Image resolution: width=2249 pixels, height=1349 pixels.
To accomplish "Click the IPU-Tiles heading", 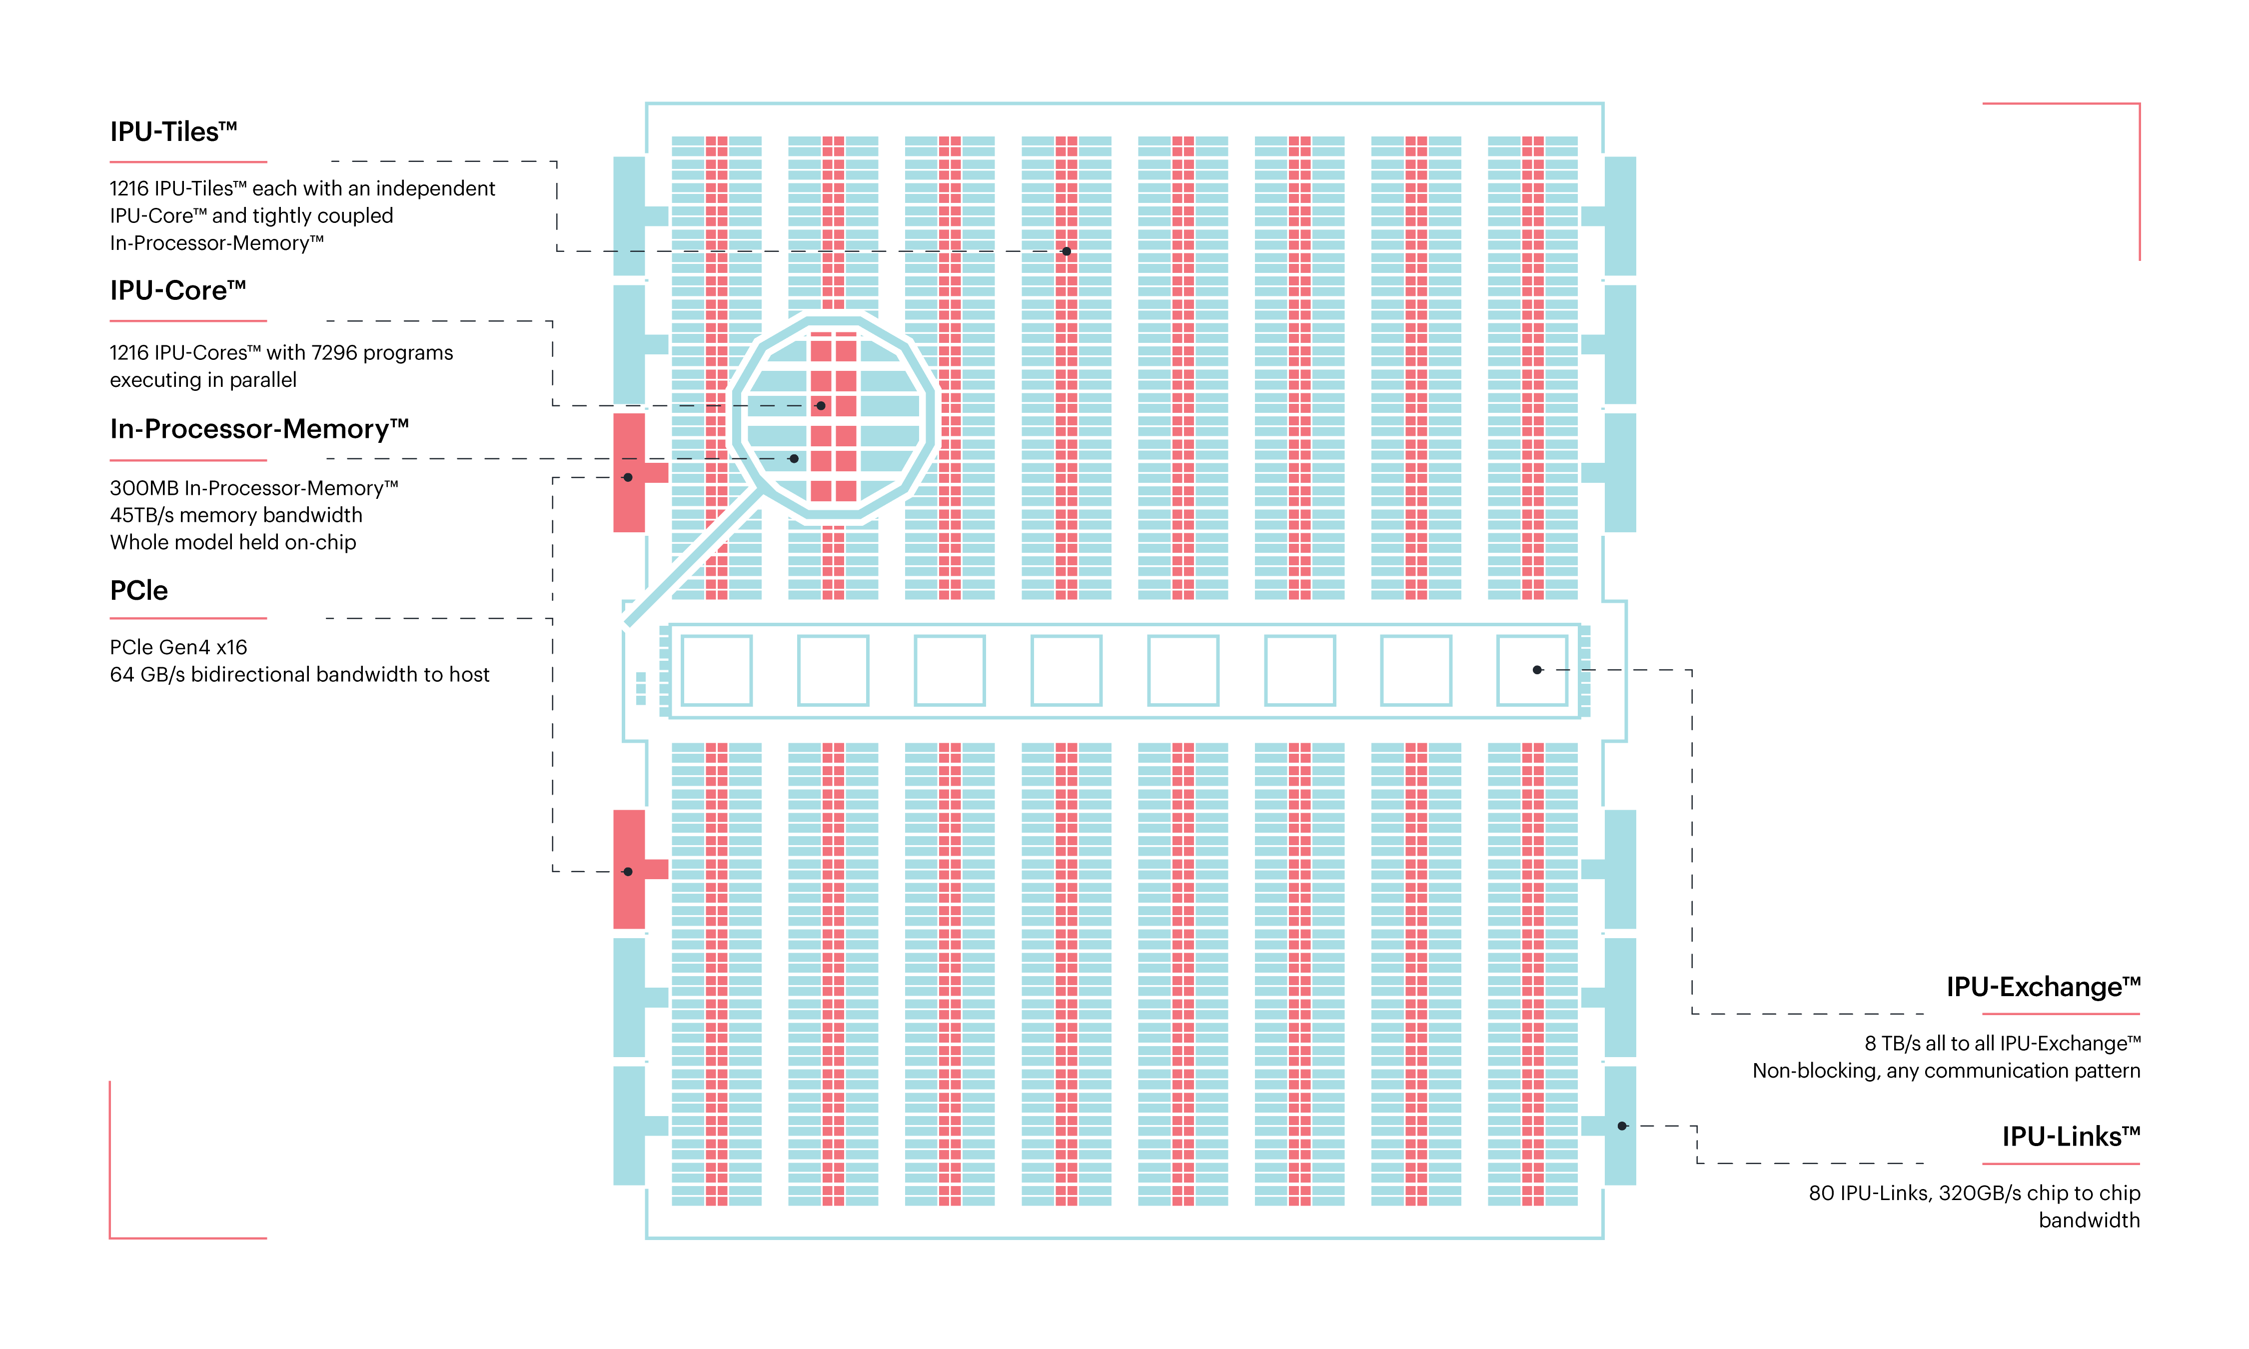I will pyautogui.click(x=172, y=132).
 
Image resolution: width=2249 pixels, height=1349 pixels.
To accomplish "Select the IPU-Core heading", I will pyautogui.click(x=177, y=291).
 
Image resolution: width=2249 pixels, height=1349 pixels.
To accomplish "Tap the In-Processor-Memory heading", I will pyautogui.click(x=259, y=429).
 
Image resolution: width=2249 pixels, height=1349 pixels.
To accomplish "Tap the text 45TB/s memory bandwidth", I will pyautogui.click(x=235, y=515).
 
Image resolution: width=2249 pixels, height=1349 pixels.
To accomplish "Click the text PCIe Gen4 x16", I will pyautogui.click(x=178, y=647).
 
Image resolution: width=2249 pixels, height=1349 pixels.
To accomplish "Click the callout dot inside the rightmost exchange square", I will pyautogui.click(x=1537, y=670).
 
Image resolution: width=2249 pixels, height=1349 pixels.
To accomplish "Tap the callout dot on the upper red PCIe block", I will pyautogui.click(x=628, y=477).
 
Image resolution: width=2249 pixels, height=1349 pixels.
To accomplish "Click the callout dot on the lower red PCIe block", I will pyautogui.click(x=628, y=872).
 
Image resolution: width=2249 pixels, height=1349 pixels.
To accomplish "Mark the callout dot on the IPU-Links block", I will pyautogui.click(x=1622, y=1126).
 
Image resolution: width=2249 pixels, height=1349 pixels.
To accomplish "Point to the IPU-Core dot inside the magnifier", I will pyautogui.click(x=821, y=405).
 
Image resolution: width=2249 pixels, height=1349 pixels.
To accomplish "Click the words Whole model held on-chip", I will pyautogui.click(x=232, y=543).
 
